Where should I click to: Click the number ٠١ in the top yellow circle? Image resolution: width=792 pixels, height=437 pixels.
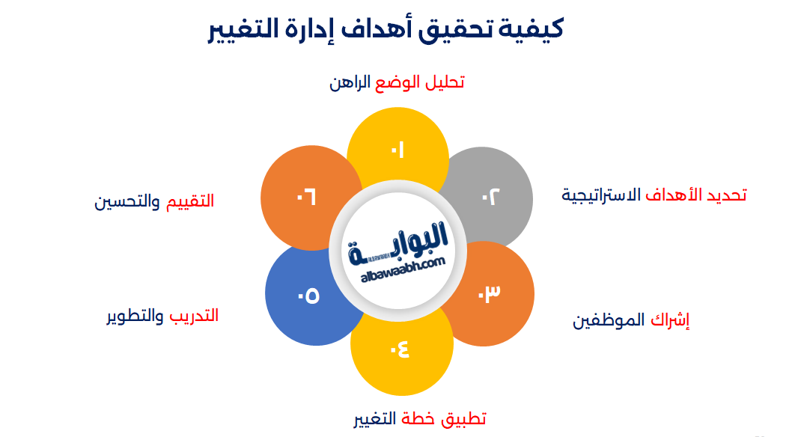[x=397, y=150]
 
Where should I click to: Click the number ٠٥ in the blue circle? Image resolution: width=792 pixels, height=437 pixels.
[x=308, y=296]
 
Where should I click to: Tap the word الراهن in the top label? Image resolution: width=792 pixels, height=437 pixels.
[x=350, y=82]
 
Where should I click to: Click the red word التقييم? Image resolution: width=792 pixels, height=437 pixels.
[x=189, y=201]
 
